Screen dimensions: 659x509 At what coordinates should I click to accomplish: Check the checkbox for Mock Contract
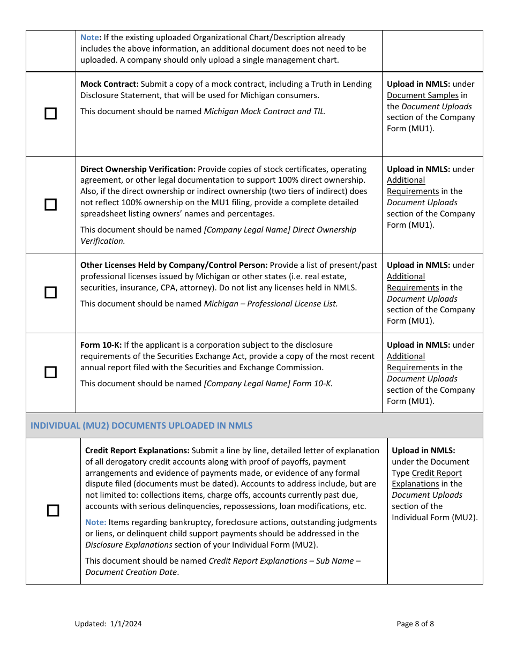coord(50,114)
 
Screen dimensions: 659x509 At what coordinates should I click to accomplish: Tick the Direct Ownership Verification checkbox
coord(50,205)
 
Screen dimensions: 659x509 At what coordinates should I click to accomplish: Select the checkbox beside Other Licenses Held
coord(50,293)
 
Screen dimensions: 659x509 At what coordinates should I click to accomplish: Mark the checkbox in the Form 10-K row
coord(50,372)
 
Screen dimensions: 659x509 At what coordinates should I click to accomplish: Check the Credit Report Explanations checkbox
coord(53,511)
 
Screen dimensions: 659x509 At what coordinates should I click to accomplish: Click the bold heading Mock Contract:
coord(109,84)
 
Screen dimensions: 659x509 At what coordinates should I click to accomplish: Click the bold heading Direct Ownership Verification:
coord(138,169)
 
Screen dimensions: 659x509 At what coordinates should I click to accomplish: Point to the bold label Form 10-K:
coord(101,345)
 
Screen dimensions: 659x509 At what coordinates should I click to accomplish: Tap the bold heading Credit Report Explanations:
coord(137,451)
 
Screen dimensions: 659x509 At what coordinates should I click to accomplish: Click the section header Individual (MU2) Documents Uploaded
coord(141,425)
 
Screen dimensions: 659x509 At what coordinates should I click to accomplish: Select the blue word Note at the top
coord(89,38)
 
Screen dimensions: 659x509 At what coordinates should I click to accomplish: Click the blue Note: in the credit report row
coord(95,522)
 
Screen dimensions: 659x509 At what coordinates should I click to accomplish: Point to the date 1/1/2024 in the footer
coord(126,624)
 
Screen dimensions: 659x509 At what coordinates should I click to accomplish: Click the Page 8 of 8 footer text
coord(415,624)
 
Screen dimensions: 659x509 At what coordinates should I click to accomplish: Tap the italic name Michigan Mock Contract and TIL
coord(265,111)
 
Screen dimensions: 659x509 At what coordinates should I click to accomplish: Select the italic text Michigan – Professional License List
coord(271,303)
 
